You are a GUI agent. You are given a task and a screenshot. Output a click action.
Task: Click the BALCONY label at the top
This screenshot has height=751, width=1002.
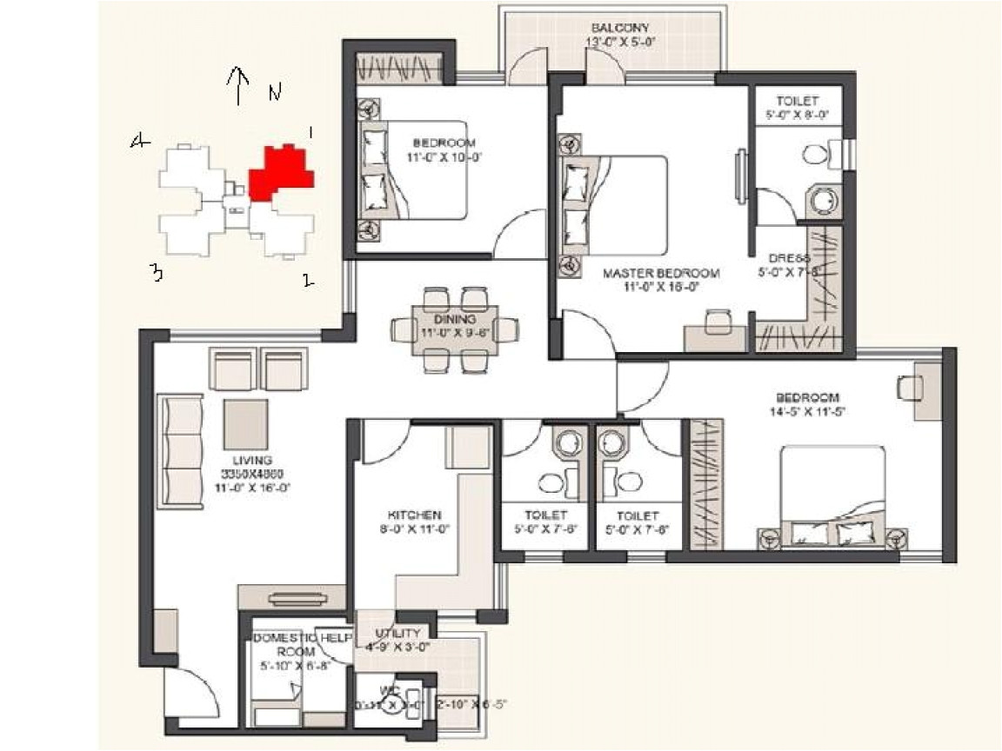[616, 28]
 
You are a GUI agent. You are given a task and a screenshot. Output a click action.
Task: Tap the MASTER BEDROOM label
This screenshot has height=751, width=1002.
[662, 273]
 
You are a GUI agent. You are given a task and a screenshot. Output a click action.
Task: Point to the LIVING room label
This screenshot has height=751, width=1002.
[252, 460]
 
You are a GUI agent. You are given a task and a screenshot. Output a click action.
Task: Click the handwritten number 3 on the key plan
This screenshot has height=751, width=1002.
[156, 274]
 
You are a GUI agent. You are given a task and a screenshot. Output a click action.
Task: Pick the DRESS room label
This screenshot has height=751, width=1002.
[789, 259]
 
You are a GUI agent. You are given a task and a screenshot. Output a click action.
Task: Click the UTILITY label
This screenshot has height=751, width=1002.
[397, 634]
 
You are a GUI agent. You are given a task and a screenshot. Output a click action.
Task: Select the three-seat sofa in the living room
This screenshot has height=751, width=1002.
[180, 453]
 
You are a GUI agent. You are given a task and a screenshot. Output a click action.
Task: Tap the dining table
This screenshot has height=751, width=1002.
[456, 329]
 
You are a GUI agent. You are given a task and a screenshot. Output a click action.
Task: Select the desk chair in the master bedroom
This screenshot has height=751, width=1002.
[718, 321]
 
